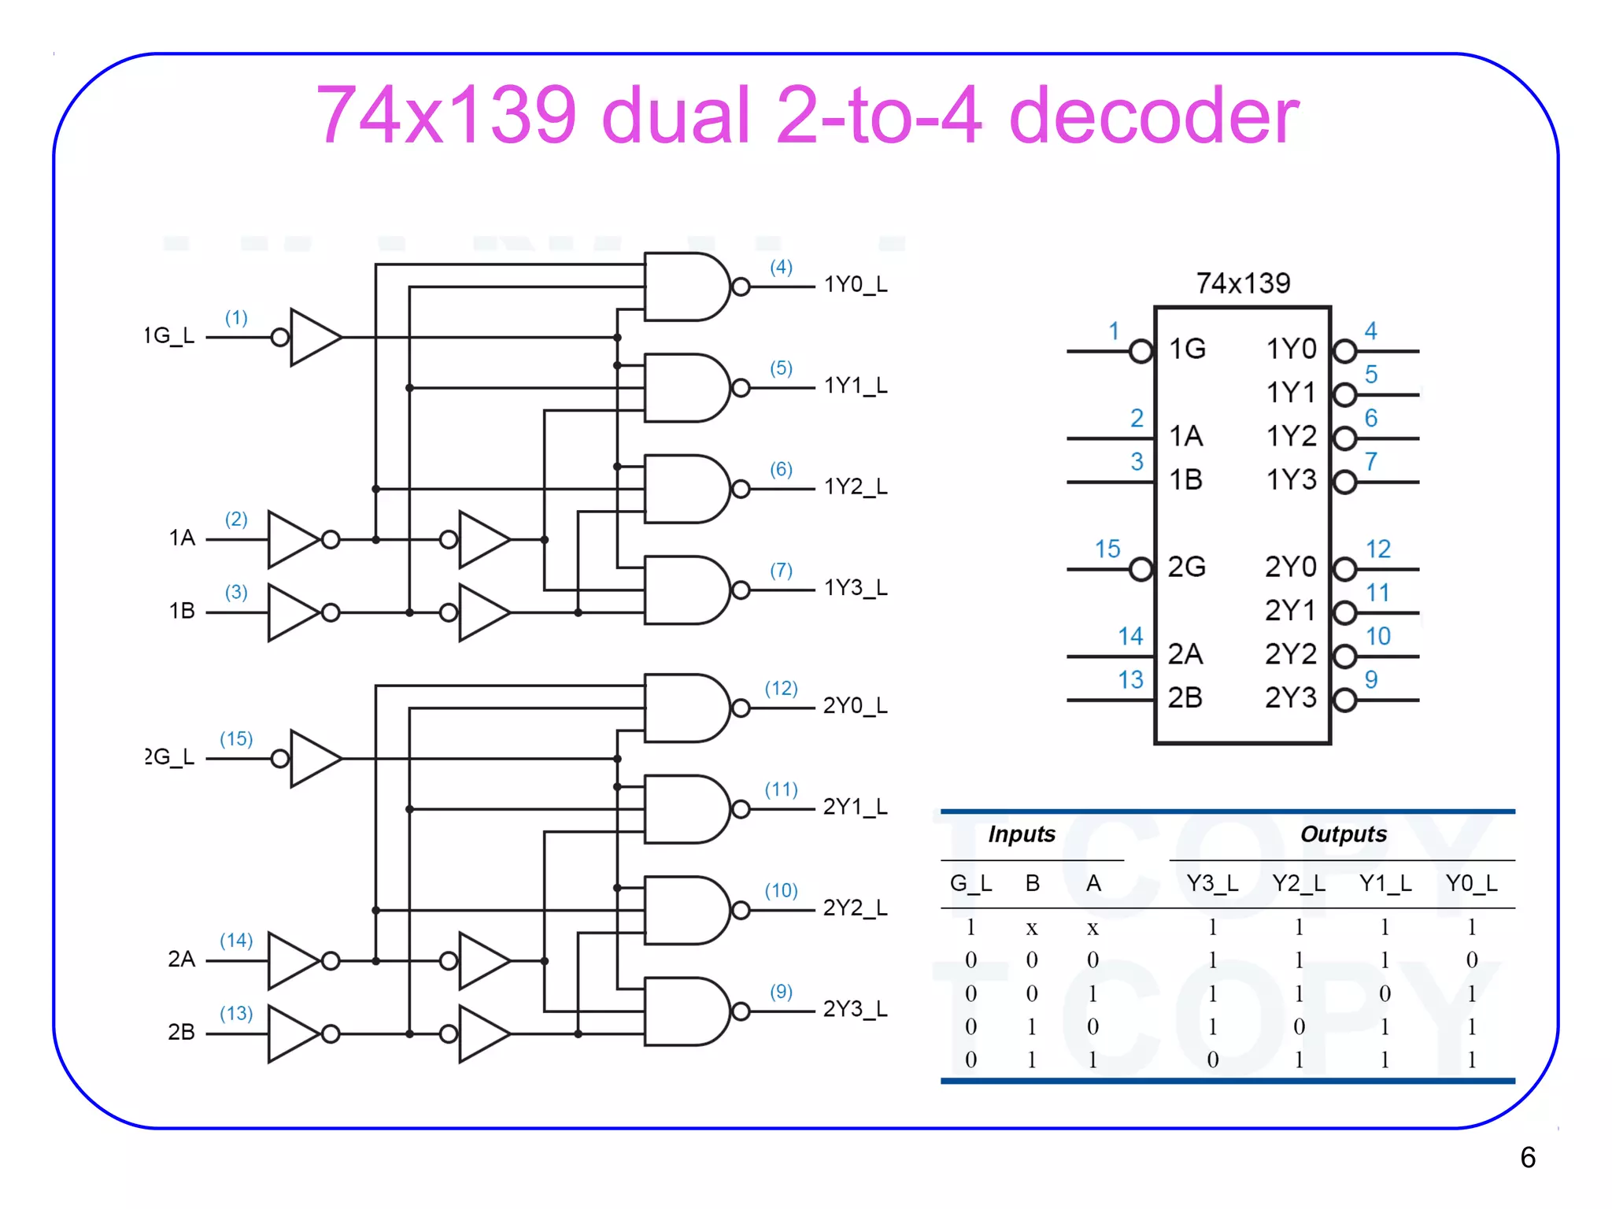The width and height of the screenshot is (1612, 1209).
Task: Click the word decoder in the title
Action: tap(1153, 116)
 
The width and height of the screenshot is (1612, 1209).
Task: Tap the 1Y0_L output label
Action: tap(855, 285)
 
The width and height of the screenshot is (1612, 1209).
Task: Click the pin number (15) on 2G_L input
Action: tap(236, 739)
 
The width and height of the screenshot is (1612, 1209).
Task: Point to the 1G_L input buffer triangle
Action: tap(313, 338)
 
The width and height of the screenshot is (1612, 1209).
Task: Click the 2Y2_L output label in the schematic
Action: tap(855, 908)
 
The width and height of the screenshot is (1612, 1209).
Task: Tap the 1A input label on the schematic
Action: tap(182, 538)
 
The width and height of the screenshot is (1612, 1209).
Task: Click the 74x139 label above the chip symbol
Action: tap(1243, 283)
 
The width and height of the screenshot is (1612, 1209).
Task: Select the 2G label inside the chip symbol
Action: tap(1186, 567)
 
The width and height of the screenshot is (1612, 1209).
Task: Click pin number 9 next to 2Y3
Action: tap(1371, 679)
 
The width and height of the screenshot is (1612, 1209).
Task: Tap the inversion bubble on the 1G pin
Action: tap(1141, 351)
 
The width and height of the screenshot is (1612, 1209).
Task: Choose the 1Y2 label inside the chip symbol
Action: tap(1291, 436)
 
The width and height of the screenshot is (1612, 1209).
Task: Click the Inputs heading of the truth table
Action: tap(1021, 834)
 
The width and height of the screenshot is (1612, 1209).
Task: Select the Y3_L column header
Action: tap(1212, 884)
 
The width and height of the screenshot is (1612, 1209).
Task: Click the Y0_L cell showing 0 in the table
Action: tap(1471, 960)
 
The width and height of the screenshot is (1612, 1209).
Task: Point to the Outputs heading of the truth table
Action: tap(1343, 834)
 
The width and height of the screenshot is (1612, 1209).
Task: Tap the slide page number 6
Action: tap(1528, 1158)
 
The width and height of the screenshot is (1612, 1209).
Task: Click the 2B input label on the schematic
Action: tap(181, 1032)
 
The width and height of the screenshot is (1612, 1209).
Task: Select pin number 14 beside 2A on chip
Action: tap(1130, 636)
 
